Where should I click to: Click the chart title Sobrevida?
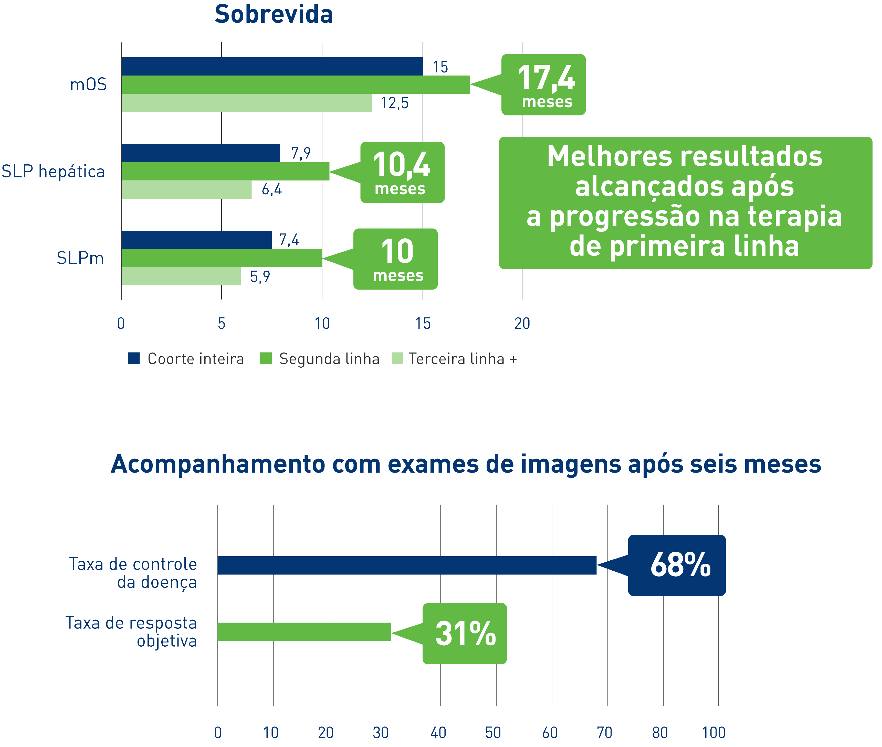click(x=274, y=14)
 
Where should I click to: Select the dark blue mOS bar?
click(x=271, y=67)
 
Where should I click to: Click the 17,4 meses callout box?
click(x=543, y=85)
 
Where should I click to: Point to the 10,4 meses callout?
click(x=402, y=172)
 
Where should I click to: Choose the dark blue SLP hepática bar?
click(x=200, y=153)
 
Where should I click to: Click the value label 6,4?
click(x=271, y=189)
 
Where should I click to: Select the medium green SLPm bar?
click(x=221, y=258)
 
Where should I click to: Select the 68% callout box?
click(x=677, y=565)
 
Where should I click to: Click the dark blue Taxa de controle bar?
click(x=407, y=565)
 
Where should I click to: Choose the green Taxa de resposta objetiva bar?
click(x=304, y=631)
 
